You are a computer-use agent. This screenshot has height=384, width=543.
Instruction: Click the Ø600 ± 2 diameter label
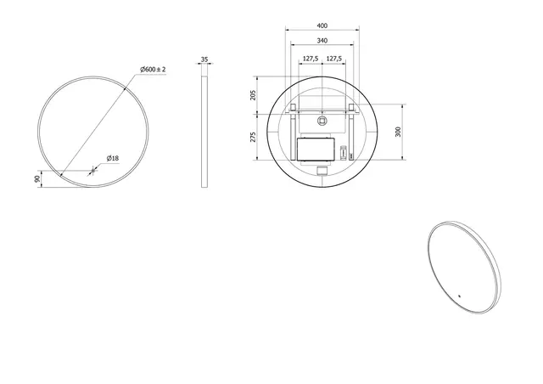click(153, 70)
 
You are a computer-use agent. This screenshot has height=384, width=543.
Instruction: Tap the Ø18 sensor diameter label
click(113, 159)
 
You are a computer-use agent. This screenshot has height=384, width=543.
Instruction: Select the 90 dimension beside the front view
click(37, 179)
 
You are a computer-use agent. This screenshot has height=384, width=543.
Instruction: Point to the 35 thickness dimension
click(204, 59)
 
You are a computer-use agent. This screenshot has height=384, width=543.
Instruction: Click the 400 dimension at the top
click(322, 25)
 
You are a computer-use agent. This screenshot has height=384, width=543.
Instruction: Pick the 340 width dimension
click(322, 41)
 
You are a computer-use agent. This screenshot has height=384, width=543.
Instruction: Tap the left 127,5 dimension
click(311, 59)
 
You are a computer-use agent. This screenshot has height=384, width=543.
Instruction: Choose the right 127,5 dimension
click(334, 59)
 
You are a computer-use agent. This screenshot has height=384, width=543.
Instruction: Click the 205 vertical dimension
click(253, 95)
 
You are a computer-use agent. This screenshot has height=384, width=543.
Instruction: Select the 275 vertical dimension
click(253, 137)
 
